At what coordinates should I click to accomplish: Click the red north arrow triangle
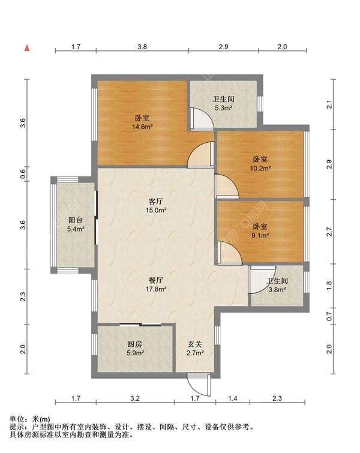tap(27, 48)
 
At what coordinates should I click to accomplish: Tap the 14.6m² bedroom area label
tap(142, 122)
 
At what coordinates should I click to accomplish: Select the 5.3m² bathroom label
tap(223, 104)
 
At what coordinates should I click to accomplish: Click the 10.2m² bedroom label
tap(260, 164)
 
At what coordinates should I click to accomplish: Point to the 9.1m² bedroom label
tap(260, 231)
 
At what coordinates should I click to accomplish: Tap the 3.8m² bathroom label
tap(277, 285)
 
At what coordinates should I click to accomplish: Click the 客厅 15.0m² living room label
tap(156, 206)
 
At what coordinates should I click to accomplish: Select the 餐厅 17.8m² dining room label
tap(156, 284)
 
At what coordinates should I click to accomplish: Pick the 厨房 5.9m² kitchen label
tap(135, 349)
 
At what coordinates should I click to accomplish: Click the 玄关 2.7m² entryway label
tap(195, 349)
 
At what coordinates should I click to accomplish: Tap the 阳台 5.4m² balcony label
tap(76, 224)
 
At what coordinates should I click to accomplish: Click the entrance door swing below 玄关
tap(199, 385)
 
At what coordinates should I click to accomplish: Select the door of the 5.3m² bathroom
tap(202, 118)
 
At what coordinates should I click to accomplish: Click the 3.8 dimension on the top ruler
tap(142, 47)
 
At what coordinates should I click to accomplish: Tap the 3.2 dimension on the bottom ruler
tap(135, 398)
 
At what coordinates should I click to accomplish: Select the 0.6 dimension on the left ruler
tap(23, 174)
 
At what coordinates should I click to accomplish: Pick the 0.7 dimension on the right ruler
tap(329, 316)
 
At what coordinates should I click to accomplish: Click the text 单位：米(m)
tap(30, 419)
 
